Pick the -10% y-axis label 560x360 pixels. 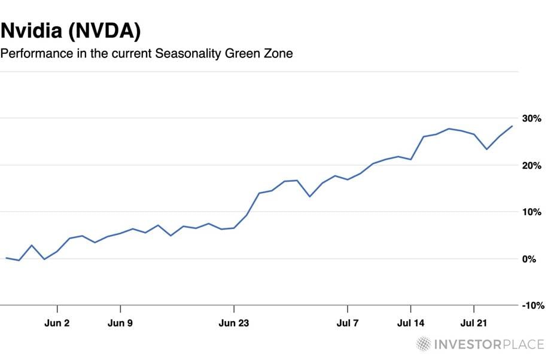coord(532,306)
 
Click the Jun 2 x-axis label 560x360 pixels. coord(57,324)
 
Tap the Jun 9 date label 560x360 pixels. coord(121,324)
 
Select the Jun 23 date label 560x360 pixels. coord(233,324)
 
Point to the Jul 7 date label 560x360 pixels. coord(348,324)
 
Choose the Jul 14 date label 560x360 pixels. coord(410,324)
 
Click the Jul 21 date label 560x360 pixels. coord(473,324)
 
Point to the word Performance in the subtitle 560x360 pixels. coord(36,54)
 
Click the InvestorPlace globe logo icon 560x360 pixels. coord(424,344)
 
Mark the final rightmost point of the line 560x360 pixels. coord(512,126)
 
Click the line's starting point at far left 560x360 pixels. coord(6,258)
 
